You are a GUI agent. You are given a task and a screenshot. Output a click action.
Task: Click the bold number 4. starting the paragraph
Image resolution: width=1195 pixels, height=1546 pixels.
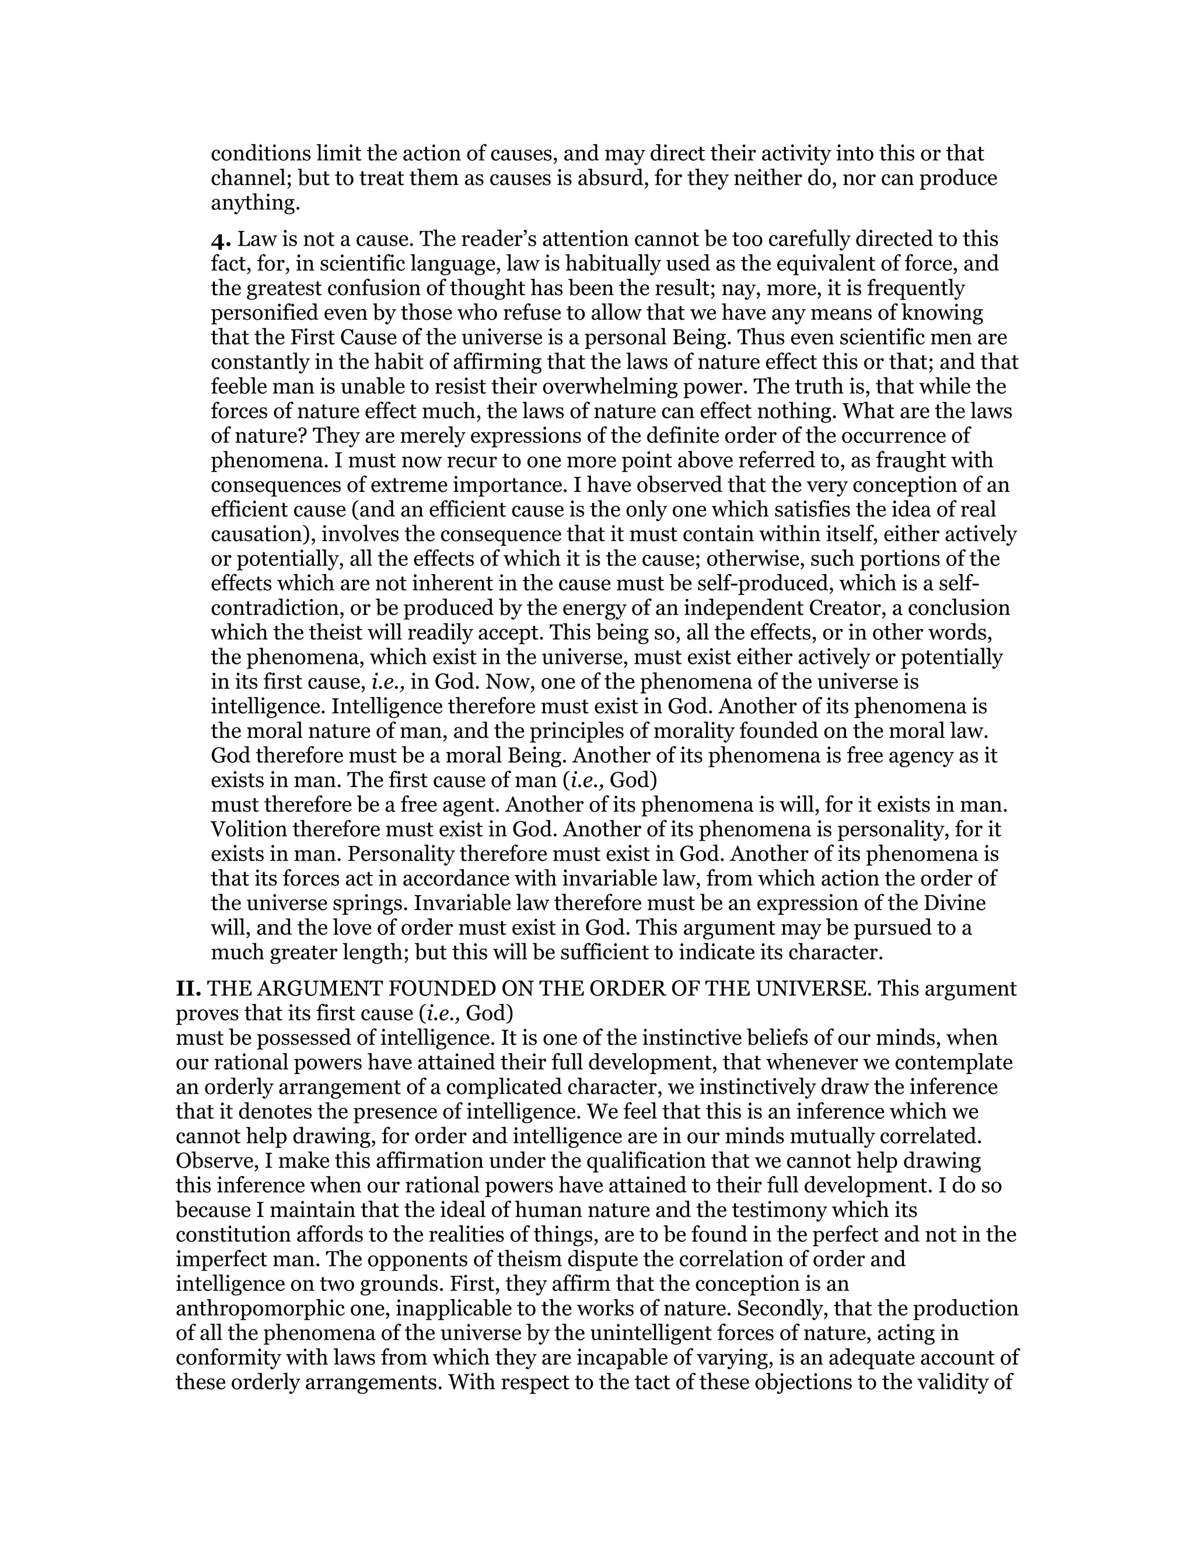[222, 239]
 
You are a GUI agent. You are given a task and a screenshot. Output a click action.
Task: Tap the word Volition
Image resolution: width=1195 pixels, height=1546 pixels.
[249, 830]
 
